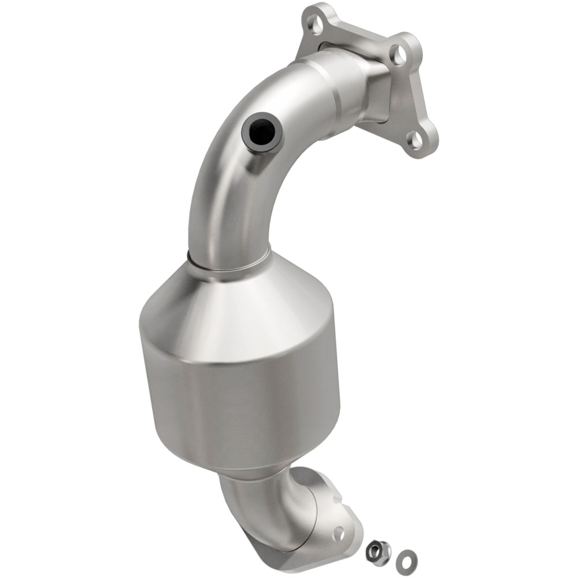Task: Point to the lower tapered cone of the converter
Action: click(x=254, y=462)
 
